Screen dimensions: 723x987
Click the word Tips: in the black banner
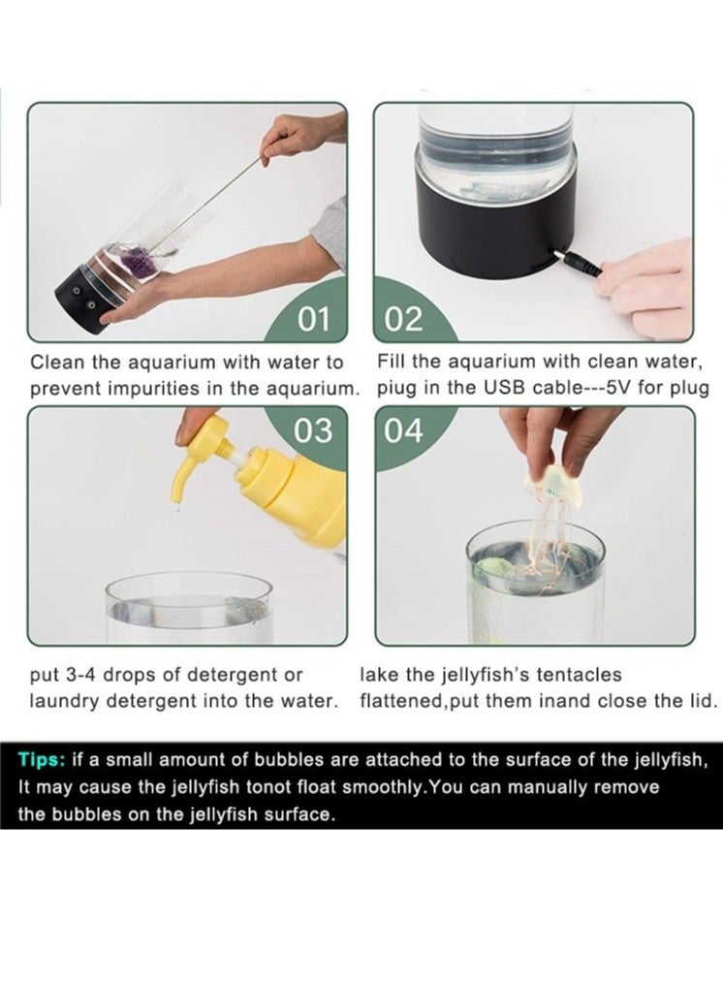pyautogui.click(x=42, y=760)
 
